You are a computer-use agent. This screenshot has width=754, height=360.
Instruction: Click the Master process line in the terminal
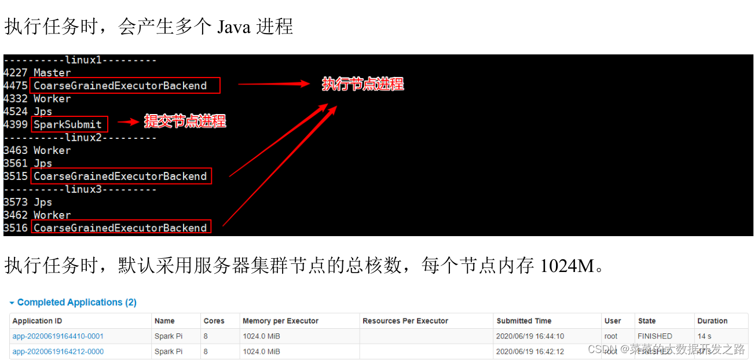coord(37,73)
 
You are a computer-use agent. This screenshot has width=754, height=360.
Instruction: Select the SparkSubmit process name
coord(68,124)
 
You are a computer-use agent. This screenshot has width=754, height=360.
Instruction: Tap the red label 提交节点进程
coord(185,122)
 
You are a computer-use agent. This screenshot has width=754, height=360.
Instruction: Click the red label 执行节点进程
coord(363,84)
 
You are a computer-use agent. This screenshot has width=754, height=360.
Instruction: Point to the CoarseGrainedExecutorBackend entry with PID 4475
coord(120,86)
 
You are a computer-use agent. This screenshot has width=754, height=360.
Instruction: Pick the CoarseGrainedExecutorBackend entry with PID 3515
coord(120,177)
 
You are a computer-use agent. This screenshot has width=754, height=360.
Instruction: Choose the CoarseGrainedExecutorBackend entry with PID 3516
coord(120,228)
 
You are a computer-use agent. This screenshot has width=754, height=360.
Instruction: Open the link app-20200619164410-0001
coord(58,336)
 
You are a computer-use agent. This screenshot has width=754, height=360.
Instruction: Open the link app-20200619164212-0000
coord(58,351)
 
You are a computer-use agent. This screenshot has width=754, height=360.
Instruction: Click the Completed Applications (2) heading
coord(76,302)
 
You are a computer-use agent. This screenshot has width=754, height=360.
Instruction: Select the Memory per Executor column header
coord(280,321)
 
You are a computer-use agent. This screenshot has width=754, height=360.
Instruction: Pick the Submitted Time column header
coord(524,321)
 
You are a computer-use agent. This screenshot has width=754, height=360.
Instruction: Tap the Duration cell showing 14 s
coord(704,336)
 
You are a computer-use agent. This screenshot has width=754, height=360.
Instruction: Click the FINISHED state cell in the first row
coord(654,336)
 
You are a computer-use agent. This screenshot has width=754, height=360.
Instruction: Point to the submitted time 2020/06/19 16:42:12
coord(530,351)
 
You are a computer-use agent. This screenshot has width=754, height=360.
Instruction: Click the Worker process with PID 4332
coord(37,99)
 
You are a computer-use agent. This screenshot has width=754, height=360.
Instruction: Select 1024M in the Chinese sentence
coord(567,266)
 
